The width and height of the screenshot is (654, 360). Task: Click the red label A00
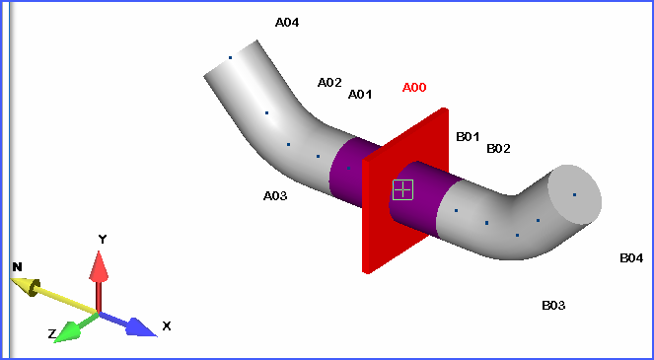[x=414, y=88]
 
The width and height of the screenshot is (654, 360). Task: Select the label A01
[x=360, y=95]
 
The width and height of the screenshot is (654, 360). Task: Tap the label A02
[x=329, y=83]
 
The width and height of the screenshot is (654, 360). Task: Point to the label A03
[x=275, y=196]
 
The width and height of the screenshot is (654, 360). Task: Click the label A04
[x=287, y=22]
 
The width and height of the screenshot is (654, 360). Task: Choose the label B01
[x=468, y=137]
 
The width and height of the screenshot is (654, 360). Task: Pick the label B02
[x=498, y=149]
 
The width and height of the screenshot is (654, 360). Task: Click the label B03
[x=553, y=306]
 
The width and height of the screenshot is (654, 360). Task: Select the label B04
[x=631, y=258]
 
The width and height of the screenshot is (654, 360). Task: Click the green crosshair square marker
[x=402, y=189]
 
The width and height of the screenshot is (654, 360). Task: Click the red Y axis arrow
[x=99, y=276]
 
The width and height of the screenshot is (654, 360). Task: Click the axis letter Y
[x=102, y=239]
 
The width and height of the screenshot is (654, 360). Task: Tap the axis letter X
[x=167, y=325]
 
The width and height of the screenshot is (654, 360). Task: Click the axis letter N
[x=17, y=267]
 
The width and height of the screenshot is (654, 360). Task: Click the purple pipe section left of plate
[x=346, y=172]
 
